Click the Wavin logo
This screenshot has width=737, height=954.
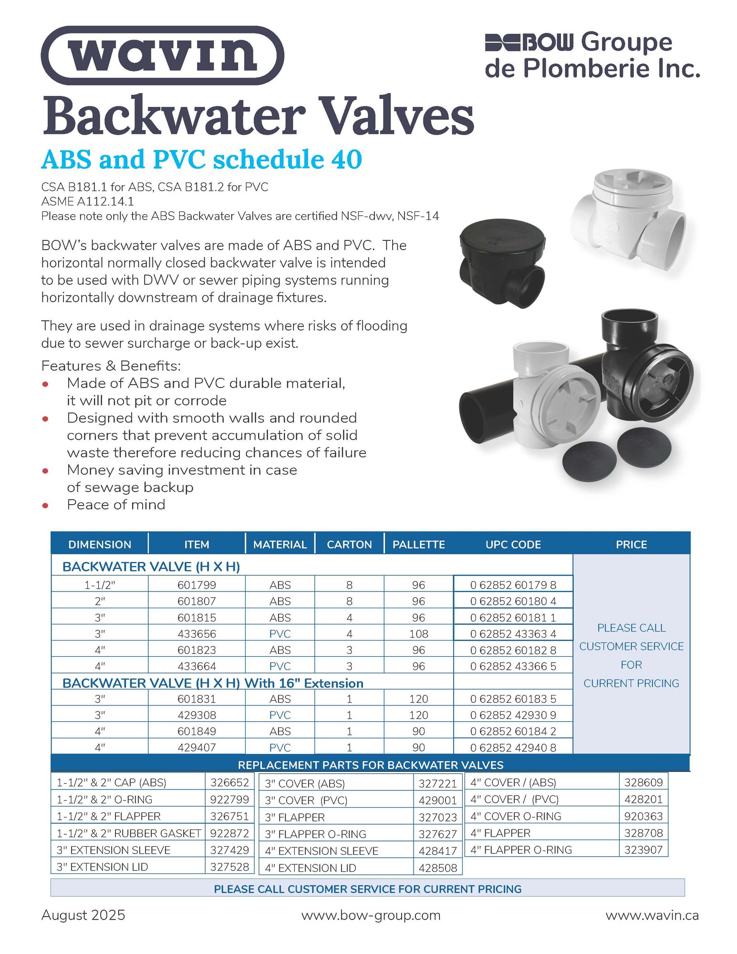click(x=162, y=55)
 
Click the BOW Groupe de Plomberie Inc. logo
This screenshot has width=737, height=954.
click(x=592, y=55)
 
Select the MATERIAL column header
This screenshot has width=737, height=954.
click(x=280, y=544)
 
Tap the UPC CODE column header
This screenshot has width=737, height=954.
click(x=513, y=544)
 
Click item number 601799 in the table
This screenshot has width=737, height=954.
click(x=197, y=585)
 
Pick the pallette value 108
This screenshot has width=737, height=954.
click(x=418, y=634)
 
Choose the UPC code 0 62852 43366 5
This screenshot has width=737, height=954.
click(x=513, y=666)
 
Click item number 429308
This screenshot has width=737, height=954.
click(x=197, y=715)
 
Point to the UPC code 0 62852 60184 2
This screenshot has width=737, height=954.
click(x=513, y=731)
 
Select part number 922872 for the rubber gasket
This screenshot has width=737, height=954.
click(x=229, y=833)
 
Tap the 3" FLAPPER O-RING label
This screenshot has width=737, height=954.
click(x=315, y=834)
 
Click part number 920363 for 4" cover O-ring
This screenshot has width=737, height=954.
click(x=643, y=816)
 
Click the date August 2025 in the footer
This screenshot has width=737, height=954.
click(x=83, y=915)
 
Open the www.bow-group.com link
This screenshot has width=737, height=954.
click(x=371, y=915)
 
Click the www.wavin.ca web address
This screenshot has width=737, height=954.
click(x=652, y=915)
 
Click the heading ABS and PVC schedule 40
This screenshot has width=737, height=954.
click(x=201, y=159)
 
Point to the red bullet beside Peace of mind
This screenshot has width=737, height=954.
click(x=45, y=505)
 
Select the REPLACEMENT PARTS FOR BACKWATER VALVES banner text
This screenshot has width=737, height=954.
click(x=370, y=765)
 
